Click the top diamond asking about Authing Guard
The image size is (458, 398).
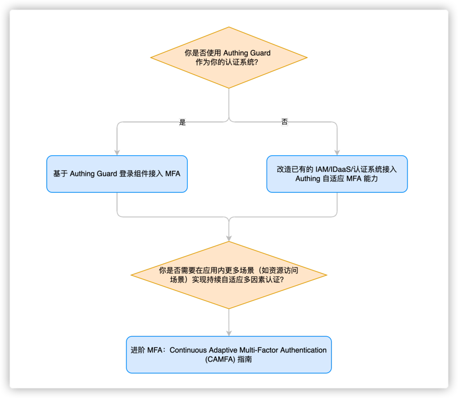[x=229, y=57]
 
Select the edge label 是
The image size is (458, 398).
[x=182, y=122]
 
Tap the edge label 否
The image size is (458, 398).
[x=284, y=122]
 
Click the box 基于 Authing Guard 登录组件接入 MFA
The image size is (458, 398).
[x=117, y=174]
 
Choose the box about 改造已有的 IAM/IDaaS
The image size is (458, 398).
[x=337, y=174]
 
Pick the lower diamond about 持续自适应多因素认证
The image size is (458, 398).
[x=229, y=275]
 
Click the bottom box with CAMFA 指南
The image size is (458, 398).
[x=229, y=354]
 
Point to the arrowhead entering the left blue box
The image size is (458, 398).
[x=117, y=152]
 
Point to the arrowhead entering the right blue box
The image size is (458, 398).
[x=337, y=152]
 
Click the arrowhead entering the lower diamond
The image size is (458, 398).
[x=229, y=238]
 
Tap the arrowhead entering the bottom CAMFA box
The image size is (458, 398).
[x=229, y=332]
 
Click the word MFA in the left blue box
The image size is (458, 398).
[x=173, y=174]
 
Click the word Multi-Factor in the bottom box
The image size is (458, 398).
[x=256, y=350]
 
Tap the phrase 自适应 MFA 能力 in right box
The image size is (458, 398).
[x=352, y=179]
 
